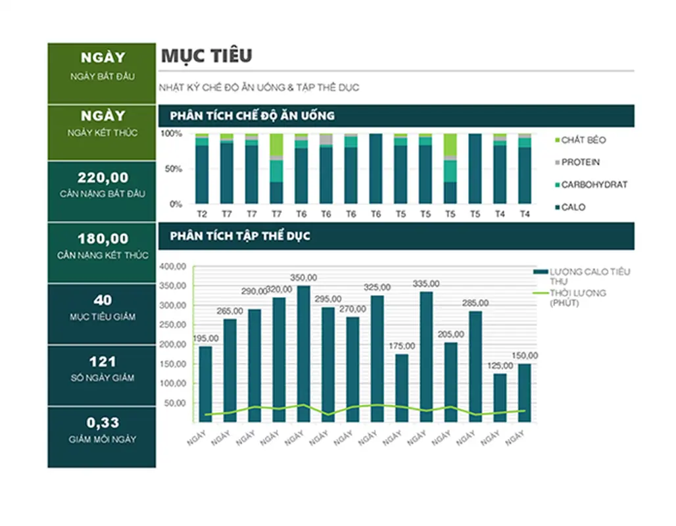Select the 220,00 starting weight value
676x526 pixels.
103,178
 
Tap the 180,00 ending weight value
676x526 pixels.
103,239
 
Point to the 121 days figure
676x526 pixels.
103,362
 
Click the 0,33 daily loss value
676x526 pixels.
103,423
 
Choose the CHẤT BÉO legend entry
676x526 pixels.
583,140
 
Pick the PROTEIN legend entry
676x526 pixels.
580,162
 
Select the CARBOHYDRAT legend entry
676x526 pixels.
594,185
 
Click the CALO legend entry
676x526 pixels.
573,207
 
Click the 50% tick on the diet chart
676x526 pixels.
175,169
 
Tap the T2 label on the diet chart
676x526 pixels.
203,214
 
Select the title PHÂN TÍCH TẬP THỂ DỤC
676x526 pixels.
240,236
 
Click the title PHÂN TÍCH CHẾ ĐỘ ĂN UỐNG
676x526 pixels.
252,116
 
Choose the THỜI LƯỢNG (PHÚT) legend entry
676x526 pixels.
577,297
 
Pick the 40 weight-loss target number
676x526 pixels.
103,300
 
